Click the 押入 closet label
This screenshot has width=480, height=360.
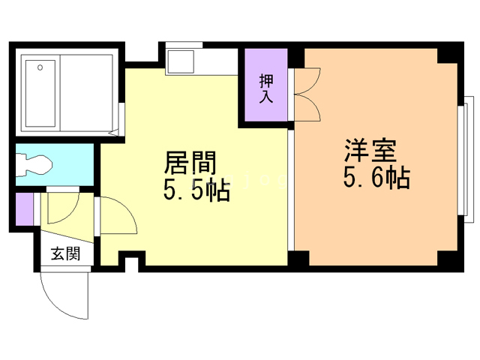click(x=266, y=88)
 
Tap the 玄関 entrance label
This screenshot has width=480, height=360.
click(x=65, y=253)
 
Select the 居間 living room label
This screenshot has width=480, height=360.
click(x=190, y=163)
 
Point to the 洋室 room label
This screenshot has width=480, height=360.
click(x=370, y=150)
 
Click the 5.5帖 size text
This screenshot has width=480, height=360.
click(x=196, y=190)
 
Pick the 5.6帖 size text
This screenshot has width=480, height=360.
click(x=376, y=177)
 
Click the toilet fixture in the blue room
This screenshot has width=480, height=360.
click(x=34, y=165)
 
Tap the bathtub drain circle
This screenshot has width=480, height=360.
click(x=40, y=67)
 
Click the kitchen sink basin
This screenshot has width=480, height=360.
click(x=180, y=61)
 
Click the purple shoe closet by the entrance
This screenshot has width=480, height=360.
click(x=24, y=209)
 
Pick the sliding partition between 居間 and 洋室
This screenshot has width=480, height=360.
click(x=291, y=190)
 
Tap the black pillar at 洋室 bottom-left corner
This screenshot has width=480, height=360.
click(x=298, y=258)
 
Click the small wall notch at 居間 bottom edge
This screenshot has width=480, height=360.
click(x=132, y=261)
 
